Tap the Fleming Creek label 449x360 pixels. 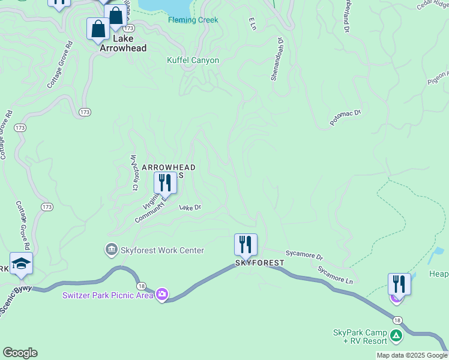[x=193, y=20]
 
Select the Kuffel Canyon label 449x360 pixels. [x=193, y=61]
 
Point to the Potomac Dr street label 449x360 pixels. [x=345, y=117]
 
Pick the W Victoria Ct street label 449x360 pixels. [x=134, y=173]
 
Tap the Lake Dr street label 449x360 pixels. [x=190, y=208]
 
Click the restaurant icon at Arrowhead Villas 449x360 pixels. [x=164, y=182]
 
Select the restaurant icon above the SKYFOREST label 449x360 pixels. [x=246, y=244]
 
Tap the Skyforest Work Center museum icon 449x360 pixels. [x=111, y=250]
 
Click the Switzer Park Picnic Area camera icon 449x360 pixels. [x=161, y=294]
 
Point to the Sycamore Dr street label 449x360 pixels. [x=304, y=255]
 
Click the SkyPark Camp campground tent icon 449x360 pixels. [x=396, y=336]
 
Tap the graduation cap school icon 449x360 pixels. [x=21, y=264]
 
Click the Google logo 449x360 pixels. [x=20, y=353]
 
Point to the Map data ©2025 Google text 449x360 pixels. [x=411, y=355]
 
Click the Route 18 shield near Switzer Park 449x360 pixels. [x=141, y=287]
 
